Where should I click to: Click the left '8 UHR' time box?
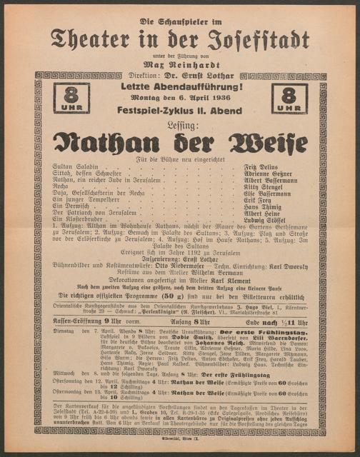pos(74,99)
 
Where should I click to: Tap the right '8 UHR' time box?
pos(288,99)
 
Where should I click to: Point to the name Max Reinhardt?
pos(180,64)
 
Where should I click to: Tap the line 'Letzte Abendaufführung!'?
pos(180,86)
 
